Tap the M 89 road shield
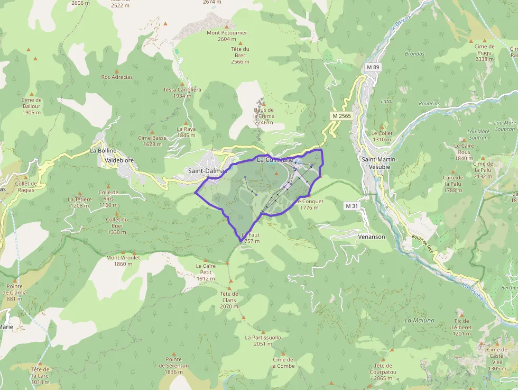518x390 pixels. [373, 67]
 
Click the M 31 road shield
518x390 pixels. [351, 205]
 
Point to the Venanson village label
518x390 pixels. [372, 237]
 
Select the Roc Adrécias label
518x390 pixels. [117, 77]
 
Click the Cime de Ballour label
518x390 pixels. [32, 106]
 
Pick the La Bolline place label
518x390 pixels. [103, 151]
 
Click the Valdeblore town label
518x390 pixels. [117, 159]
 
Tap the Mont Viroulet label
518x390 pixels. [123, 260]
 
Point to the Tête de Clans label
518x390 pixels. [229, 300]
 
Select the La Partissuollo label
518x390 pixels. [263, 340]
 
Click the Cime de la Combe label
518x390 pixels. [283, 362]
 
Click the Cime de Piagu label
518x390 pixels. [484, 53]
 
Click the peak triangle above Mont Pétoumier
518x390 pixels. [227, 26]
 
